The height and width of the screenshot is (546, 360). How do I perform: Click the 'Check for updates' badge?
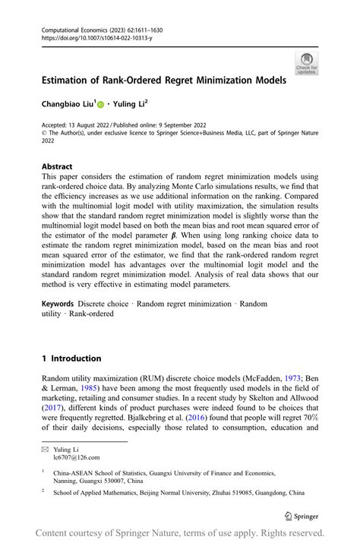click(x=307, y=63)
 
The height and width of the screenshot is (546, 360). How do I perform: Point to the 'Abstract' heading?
click(x=57, y=166)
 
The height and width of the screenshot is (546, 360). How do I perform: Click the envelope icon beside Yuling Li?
click(x=46, y=449)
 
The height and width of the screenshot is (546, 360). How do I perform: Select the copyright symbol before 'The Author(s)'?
click(x=44, y=132)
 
